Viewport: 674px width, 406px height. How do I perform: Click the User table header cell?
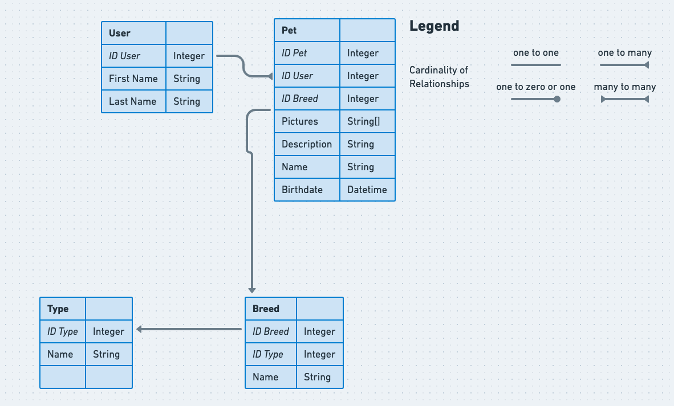pyautogui.click(x=133, y=33)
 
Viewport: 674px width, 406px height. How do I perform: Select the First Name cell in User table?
pyautogui.click(x=133, y=79)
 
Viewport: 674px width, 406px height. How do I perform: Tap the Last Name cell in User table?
pyautogui.click(x=133, y=101)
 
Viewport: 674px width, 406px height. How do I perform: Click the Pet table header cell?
pyautogui.click(x=307, y=30)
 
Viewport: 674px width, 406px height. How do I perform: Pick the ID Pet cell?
pyautogui.click(x=307, y=53)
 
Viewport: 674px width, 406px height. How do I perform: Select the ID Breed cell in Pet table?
pyautogui.click(x=307, y=99)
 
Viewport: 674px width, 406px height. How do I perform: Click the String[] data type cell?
pyautogui.click(x=367, y=121)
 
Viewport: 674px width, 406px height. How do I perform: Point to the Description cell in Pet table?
pyautogui.click(x=307, y=144)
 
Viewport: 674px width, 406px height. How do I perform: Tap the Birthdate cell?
pyautogui.click(x=307, y=190)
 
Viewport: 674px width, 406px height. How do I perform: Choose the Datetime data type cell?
pyautogui.click(x=367, y=190)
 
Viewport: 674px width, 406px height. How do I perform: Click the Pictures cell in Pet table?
pyautogui.click(x=307, y=121)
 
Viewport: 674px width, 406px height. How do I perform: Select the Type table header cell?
pyautogui.click(x=63, y=309)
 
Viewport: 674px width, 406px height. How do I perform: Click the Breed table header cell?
pyautogui.click(x=270, y=309)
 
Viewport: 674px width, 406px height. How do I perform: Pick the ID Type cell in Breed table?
pyautogui.click(x=270, y=354)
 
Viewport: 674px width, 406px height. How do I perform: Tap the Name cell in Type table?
pyautogui.click(x=63, y=354)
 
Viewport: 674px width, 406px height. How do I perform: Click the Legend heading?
pyautogui.click(x=434, y=26)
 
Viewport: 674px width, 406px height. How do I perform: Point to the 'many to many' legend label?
pyautogui.click(x=624, y=87)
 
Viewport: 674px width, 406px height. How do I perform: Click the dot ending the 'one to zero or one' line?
pyautogui.click(x=557, y=99)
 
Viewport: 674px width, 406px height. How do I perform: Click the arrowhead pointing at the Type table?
pyautogui.click(x=139, y=329)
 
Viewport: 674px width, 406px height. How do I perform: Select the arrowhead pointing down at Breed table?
pyautogui.click(x=252, y=290)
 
